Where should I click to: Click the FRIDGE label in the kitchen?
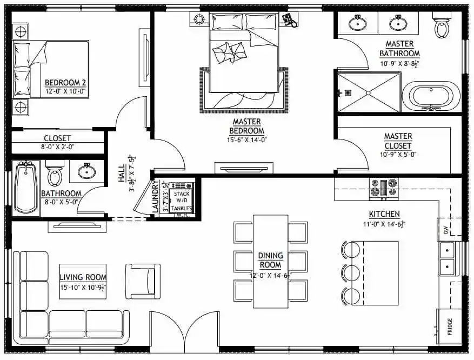click(450, 326)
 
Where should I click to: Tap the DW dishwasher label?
click(446, 230)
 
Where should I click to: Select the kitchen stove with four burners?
click(383, 188)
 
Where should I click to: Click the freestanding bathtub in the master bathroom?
click(433, 96)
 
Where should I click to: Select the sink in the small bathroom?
click(86, 172)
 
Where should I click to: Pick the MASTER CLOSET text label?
click(398, 141)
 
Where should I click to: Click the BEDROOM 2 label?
click(65, 83)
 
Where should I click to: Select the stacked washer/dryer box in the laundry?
click(180, 201)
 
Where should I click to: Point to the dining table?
click(270, 261)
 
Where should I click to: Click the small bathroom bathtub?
click(25, 187)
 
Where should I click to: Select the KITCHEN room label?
click(384, 214)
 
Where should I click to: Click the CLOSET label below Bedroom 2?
click(57, 138)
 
